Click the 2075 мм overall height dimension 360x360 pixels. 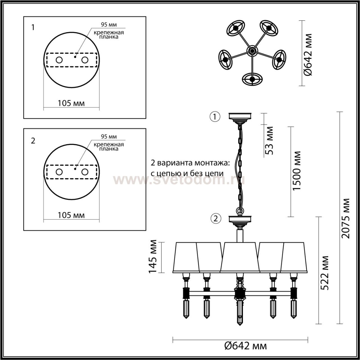pos(345,218)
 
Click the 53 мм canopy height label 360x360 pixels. pos(269,141)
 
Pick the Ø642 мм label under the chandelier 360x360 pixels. pos(246,346)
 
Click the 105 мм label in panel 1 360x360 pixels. pos(71,103)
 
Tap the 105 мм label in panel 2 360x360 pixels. pos(71,215)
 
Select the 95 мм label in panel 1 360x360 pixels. pos(109,24)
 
